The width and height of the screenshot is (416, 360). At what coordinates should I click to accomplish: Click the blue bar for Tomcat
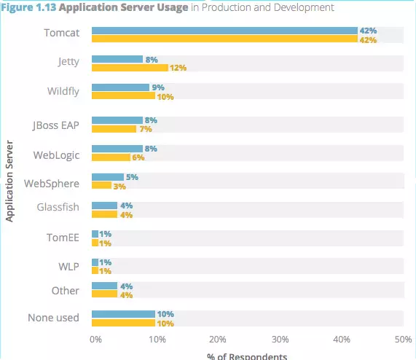coord(224,31)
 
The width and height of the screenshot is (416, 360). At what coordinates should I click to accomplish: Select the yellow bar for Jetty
coord(130,68)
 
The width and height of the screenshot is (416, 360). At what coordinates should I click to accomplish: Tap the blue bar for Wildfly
coord(120,87)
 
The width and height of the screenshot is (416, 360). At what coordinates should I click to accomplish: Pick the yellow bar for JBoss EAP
coord(114,129)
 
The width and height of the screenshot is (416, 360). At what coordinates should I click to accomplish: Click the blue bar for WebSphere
coord(108,177)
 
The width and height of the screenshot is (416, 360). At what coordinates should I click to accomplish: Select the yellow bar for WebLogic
coord(111,157)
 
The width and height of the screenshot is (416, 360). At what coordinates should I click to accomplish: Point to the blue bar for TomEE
coord(95,234)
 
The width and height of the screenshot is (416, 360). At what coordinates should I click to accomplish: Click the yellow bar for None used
coord(123,323)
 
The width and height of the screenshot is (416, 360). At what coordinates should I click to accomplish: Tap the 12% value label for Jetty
coord(178,68)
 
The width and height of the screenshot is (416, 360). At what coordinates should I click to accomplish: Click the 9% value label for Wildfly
coord(158,87)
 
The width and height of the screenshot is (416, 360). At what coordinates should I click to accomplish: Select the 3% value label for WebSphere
coord(119,187)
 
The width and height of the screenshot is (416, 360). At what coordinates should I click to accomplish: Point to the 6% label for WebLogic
coord(138,157)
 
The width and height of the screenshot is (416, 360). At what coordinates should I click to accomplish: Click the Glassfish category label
coord(58,207)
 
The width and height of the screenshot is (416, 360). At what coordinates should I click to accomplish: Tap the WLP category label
coord(68,267)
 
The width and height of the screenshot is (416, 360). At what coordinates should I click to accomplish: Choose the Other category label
coord(66,291)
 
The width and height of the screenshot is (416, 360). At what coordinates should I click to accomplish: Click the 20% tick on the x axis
coord(218,340)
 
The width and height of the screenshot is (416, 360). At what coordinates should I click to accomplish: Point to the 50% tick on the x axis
coord(404,340)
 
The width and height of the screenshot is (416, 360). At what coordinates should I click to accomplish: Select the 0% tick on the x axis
coord(95,340)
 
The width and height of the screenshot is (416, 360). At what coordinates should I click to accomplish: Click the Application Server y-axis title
coord(9,181)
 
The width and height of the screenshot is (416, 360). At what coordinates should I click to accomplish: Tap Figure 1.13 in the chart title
coord(28,7)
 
